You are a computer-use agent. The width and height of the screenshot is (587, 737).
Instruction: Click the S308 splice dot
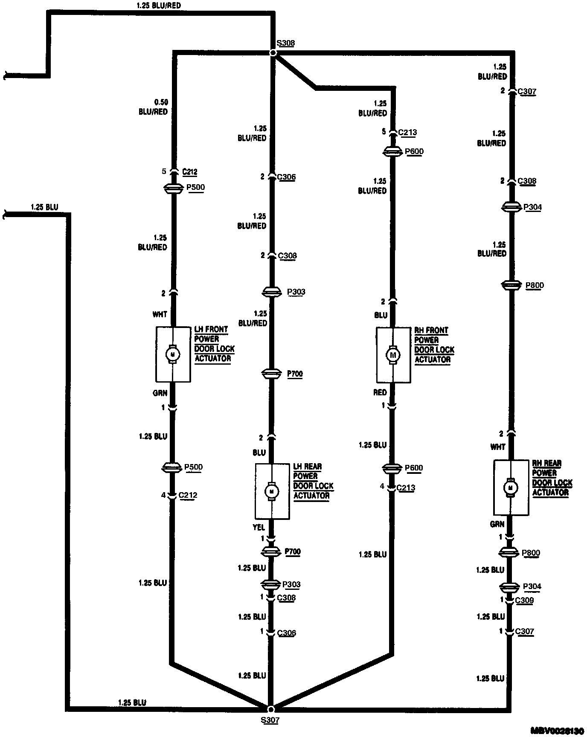[x=273, y=53]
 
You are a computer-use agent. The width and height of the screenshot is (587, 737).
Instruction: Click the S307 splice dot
[x=270, y=709]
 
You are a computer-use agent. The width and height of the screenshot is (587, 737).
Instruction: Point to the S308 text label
[x=285, y=43]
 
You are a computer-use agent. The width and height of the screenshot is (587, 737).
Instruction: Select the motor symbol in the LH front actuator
[x=173, y=354]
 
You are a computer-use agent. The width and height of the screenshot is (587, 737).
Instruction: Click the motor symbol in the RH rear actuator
[x=510, y=487]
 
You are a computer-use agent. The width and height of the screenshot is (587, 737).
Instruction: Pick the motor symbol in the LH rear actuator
[x=271, y=491]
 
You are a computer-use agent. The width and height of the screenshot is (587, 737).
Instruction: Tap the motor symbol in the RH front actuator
[x=393, y=355]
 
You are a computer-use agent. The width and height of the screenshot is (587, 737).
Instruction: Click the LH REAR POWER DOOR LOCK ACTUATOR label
[x=313, y=481]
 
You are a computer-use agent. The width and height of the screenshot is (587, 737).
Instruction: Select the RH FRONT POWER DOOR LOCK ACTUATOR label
[x=434, y=345]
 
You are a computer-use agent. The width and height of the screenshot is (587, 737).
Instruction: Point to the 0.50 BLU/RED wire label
[x=153, y=107]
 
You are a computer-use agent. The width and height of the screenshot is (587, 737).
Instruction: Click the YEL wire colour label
[x=259, y=528]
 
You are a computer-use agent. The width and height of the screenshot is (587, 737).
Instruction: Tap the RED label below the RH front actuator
[x=380, y=392]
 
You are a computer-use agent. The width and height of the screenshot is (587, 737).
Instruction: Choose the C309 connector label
[x=524, y=601]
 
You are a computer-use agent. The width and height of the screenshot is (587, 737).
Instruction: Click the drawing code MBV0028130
[x=557, y=730]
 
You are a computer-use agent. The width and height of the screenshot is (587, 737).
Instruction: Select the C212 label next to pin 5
[x=189, y=172]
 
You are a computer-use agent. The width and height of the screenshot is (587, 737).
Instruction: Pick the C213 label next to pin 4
[x=405, y=487]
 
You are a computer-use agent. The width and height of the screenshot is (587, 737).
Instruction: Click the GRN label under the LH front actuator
[x=160, y=393]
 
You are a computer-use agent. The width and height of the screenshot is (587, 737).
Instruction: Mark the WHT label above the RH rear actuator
[x=497, y=447]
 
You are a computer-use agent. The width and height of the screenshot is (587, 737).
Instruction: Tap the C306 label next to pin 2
[x=286, y=177]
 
